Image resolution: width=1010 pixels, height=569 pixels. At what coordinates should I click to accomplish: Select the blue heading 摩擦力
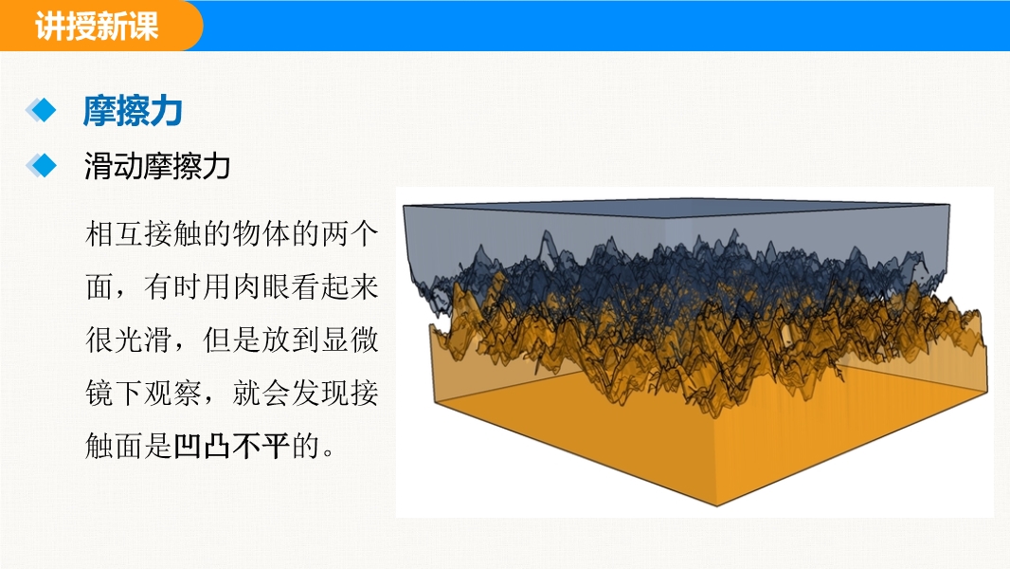point(133,111)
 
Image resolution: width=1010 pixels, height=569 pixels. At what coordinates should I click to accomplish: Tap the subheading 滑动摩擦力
point(157,166)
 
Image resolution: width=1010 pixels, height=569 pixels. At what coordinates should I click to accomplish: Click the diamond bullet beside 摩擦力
point(41,110)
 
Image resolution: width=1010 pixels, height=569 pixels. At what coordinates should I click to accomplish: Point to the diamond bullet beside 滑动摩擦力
point(41,166)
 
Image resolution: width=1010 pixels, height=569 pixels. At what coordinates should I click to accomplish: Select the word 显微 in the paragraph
point(349,340)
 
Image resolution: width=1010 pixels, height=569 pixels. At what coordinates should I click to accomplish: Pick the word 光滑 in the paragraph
point(143,340)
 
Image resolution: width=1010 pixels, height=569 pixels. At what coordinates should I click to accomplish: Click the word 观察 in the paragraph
point(172,393)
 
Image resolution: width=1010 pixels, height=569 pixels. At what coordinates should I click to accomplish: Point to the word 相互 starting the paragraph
point(114,233)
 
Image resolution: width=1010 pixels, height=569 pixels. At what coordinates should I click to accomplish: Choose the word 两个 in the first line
point(349,233)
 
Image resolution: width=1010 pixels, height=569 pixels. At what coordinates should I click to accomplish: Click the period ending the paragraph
point(329,452)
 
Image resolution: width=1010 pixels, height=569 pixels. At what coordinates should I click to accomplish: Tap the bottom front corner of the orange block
point(717,505)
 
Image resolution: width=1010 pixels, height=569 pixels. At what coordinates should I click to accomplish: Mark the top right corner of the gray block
point(949,205)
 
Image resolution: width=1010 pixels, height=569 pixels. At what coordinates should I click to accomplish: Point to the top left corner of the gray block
point(404,206)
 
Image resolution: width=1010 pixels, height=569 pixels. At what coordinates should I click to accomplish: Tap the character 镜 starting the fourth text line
point(99,393)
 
